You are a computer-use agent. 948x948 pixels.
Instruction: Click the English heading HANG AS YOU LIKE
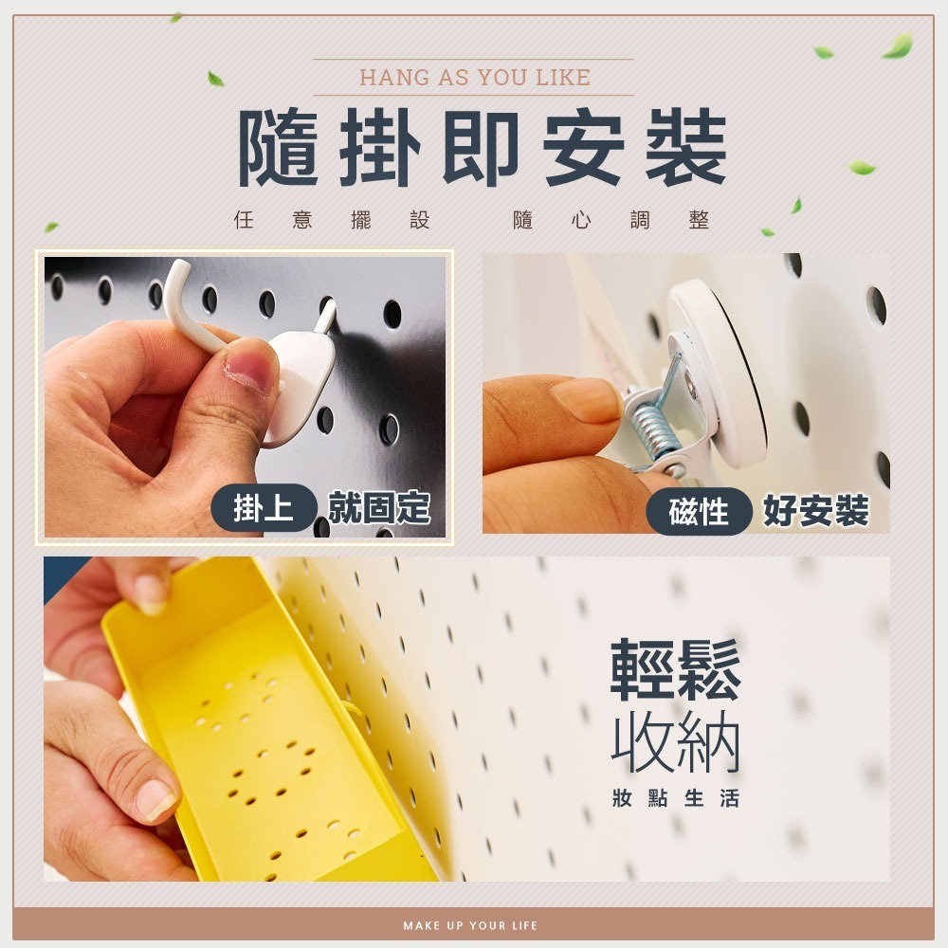coord(475,78)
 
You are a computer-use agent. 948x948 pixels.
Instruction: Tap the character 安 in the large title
coord(583,148)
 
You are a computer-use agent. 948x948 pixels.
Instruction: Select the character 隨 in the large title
coord(279,148)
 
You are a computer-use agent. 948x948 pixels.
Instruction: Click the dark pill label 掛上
coord(264,507)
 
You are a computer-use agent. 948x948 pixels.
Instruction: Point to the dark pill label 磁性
coord(699,512)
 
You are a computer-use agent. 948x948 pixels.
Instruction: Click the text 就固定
coord(379,507)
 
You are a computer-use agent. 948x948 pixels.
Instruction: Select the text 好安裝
coord(816,512)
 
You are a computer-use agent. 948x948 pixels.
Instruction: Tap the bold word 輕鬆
coord(675,669)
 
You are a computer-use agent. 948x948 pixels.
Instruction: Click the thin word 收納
coord(675,742)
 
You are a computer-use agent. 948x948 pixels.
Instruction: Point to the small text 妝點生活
coord(675,798)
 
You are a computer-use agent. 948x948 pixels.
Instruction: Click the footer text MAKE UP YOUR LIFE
coord(470,925)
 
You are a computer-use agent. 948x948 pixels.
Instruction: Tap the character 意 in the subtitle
coord(302,219)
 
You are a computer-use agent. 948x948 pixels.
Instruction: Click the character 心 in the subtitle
coord(582,219)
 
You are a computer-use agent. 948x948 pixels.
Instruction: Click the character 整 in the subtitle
coord(699,219)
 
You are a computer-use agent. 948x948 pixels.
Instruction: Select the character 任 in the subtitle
coord(244,219)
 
